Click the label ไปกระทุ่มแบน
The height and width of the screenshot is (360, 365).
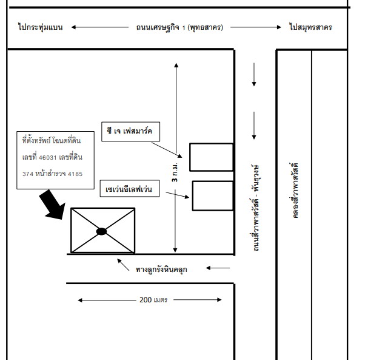[40, 27]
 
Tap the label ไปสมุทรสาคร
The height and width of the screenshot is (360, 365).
[310, 27]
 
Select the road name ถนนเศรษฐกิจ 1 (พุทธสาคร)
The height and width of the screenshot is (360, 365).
[179, 27]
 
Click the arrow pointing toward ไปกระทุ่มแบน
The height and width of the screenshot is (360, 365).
[100, 27]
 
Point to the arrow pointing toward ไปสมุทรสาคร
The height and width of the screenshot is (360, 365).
[256, 27]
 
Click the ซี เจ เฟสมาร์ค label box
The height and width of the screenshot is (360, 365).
[130, 131]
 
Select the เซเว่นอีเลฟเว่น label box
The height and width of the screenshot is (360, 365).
[130, 189]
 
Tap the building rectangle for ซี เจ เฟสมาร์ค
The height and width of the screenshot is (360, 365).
[212, 157]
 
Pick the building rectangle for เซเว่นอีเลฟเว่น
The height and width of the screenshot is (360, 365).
[213, 195]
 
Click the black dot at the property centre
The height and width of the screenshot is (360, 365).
[101, 231]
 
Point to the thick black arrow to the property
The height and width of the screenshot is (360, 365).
[53, 205]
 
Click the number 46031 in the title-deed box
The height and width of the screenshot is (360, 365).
[48, 158]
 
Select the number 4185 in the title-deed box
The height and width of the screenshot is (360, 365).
[75, 174]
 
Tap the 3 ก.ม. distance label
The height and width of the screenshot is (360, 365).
[175, 172]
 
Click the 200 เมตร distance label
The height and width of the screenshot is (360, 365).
[153, 300]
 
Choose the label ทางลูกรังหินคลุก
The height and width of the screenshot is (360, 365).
[161, 270]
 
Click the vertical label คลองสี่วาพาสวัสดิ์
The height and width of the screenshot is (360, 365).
[294, 191]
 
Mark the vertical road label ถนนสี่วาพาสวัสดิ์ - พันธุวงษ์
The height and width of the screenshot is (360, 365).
[255, 208]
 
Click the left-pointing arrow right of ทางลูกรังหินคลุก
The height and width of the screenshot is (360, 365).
[218, 268]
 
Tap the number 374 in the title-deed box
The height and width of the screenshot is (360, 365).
[28, 174]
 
